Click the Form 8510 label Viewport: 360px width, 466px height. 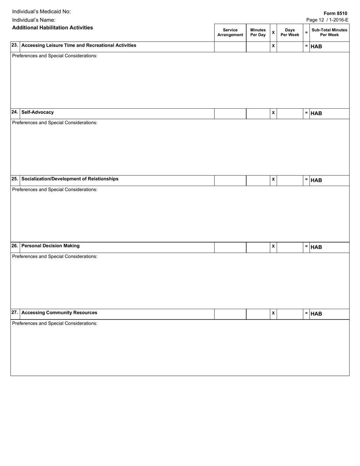335,13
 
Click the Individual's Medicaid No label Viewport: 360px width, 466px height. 41,11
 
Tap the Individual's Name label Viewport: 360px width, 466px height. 34,20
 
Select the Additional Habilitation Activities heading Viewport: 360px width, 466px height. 52,28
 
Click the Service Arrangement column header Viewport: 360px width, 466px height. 230,32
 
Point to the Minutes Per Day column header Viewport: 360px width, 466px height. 258,32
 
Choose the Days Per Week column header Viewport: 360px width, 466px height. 290,32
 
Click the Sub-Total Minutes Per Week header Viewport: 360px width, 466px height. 329,32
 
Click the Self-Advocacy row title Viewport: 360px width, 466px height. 38,112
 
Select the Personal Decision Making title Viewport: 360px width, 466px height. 50,246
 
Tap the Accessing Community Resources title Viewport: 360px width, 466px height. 59,313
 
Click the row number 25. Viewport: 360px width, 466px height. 14,179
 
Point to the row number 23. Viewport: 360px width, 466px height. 14,45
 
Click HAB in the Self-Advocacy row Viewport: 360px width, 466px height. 316,113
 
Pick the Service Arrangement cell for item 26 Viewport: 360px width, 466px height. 230,247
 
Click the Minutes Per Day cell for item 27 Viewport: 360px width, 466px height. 258,314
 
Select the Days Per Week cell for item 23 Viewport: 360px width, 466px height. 290,47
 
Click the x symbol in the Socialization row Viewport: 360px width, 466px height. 273,179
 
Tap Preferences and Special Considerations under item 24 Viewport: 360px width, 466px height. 55,123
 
